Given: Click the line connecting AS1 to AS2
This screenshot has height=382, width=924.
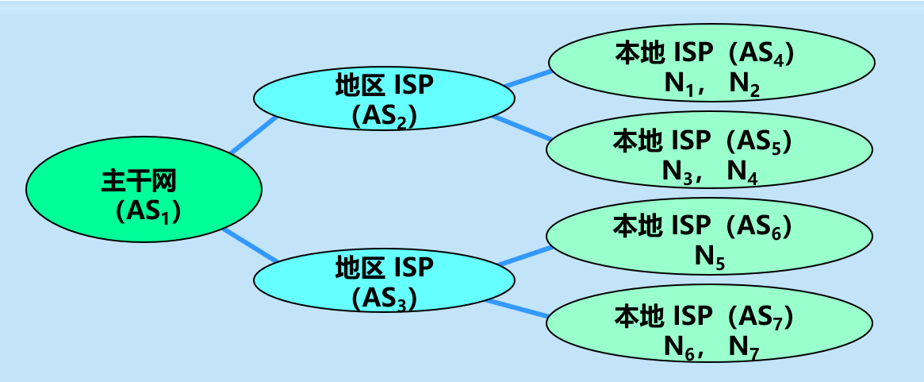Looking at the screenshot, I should coord(253,134).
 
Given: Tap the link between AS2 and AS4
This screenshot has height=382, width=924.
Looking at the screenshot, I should coord(527,77).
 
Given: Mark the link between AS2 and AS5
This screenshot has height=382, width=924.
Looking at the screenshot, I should coord(522,129).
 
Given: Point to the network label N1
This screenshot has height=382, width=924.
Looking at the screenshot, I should coord(679,83).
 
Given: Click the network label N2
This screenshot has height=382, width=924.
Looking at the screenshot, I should coord(743,83).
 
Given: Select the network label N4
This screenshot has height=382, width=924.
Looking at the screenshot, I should coord(742,171).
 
